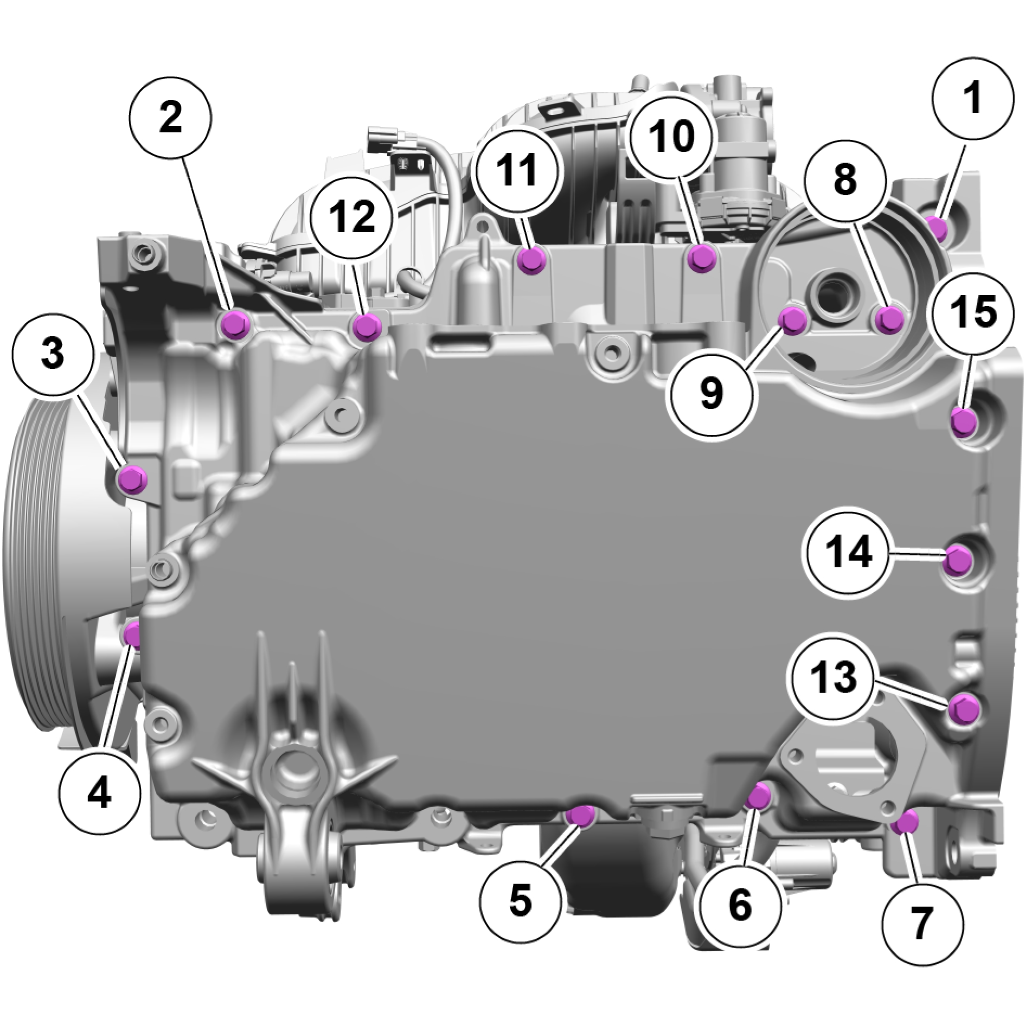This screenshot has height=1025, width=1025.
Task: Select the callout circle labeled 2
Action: click(x=170, y=119)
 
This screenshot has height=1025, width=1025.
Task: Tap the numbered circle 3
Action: click(x=53, y=355)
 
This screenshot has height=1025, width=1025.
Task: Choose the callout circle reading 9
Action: click(x=712, y=392)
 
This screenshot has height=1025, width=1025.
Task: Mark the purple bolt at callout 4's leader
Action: click(x=132, y=634)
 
